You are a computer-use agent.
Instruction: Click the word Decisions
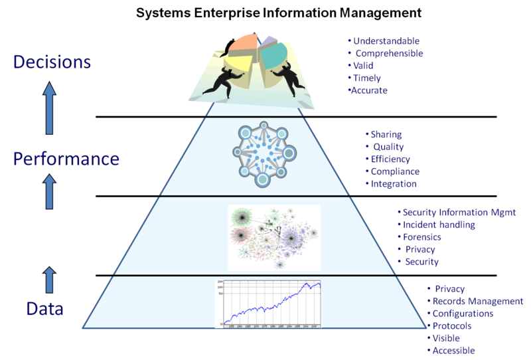pos(52,63)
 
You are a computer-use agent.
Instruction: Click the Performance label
pos(66,159)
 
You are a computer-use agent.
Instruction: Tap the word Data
pos(45,309)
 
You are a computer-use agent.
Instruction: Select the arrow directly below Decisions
pos(49,110)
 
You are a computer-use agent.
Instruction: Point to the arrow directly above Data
pos(49,280)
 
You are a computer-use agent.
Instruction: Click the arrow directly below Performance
pos(49,192)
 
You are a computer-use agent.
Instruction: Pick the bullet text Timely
pos(368,78)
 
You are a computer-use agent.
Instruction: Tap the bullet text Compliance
pos(395,171)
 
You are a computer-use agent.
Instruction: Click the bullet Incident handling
pos(439,225)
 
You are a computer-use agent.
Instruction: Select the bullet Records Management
pos(478,301)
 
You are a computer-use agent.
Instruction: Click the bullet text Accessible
pos(454,351)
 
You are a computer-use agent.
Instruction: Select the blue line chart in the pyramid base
pos(269,303)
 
